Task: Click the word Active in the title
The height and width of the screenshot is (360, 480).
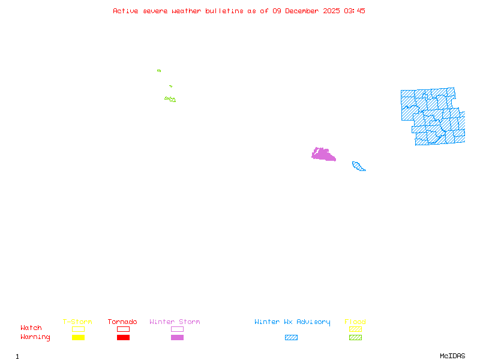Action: point(125,11)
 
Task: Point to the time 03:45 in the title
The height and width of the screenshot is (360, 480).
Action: point(355,11)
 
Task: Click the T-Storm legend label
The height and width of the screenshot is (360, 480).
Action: point(77,322)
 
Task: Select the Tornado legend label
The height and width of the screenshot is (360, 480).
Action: point(122,322)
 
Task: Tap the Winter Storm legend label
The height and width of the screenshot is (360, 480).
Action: point(175,322)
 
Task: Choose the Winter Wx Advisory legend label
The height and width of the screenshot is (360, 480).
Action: point(292,322)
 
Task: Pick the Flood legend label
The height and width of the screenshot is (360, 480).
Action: point(355,322)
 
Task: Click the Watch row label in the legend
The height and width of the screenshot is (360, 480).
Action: point(31,328)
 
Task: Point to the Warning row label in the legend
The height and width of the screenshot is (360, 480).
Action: point(35,337)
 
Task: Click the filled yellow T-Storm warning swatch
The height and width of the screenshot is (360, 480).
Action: point(78,338)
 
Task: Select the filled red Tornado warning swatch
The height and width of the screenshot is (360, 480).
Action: point(123,338)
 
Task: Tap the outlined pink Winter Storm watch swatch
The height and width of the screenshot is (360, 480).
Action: point(177,329)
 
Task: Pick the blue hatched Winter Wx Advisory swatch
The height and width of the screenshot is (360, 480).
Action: point(291,338)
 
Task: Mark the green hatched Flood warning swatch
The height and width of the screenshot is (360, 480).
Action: point(355,338)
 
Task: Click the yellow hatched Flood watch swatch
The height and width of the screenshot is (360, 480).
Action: point(355,329)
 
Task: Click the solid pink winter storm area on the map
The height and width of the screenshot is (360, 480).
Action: point(323,155)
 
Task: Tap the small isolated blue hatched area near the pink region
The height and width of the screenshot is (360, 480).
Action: point(358,166)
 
